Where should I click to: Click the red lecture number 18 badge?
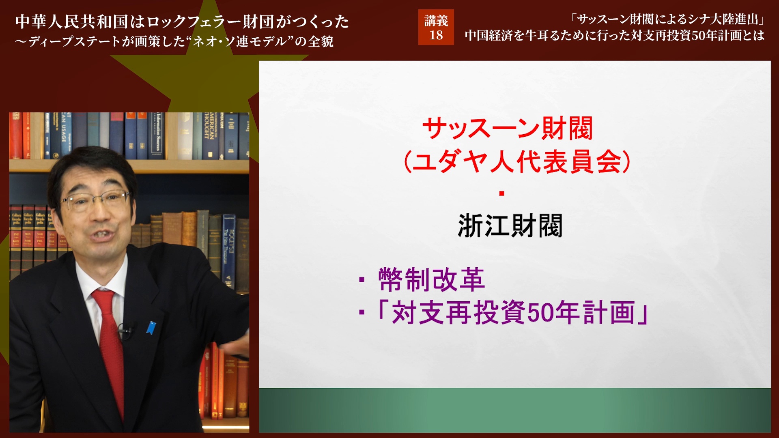(x=436, y=28)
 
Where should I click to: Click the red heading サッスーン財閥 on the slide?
(x=508, y=129)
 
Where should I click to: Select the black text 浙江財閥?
(x=510, y=226)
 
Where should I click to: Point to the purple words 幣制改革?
(x=431, y=279)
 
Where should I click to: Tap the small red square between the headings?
(x=502, y=193)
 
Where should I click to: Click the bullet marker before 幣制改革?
(x=362, y=279)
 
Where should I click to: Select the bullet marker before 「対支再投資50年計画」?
(x=362, y=312)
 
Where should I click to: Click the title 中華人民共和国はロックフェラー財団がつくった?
(x=182, y=21)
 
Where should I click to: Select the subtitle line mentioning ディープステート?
(x=174, y=41)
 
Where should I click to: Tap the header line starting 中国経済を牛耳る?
(x=614, y=36)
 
